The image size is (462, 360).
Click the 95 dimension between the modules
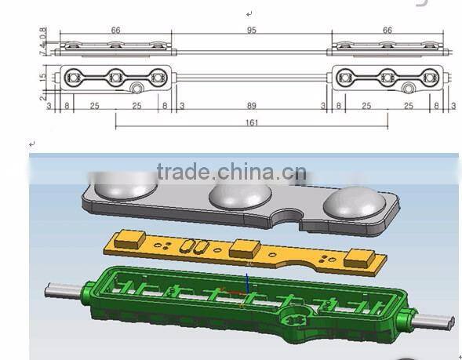pos(252,30)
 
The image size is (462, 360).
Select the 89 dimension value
pos(251,104)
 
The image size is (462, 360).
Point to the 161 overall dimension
pos(251,122)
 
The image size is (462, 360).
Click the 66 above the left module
pos(115,30)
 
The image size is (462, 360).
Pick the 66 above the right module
pos(387,30)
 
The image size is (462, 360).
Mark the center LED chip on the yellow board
pos(243,250)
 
